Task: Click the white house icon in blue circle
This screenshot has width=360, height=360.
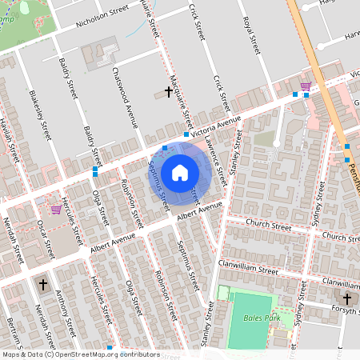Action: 180,172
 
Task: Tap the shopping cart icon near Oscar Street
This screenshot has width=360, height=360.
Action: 56,210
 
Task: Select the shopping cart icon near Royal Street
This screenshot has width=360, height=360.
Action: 305,86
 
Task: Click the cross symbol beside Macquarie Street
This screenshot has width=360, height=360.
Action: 168,92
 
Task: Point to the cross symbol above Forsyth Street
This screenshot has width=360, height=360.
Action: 346,298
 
